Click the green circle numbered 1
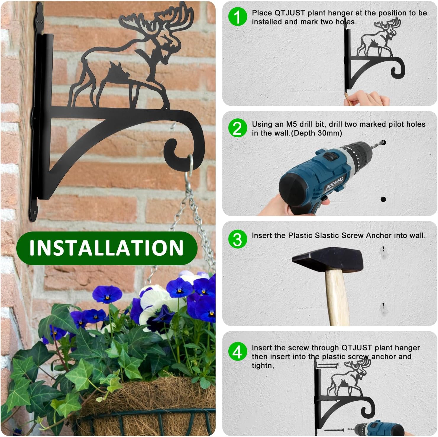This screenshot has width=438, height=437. point(237,17)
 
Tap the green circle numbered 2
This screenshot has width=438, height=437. point(237,128)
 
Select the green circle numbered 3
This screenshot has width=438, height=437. point(237,239)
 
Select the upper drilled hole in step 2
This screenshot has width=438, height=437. point(384,143)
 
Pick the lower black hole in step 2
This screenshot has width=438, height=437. point(383,199)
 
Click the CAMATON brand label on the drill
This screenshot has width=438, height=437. point(335,182)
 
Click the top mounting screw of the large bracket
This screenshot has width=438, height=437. point(39,21)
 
